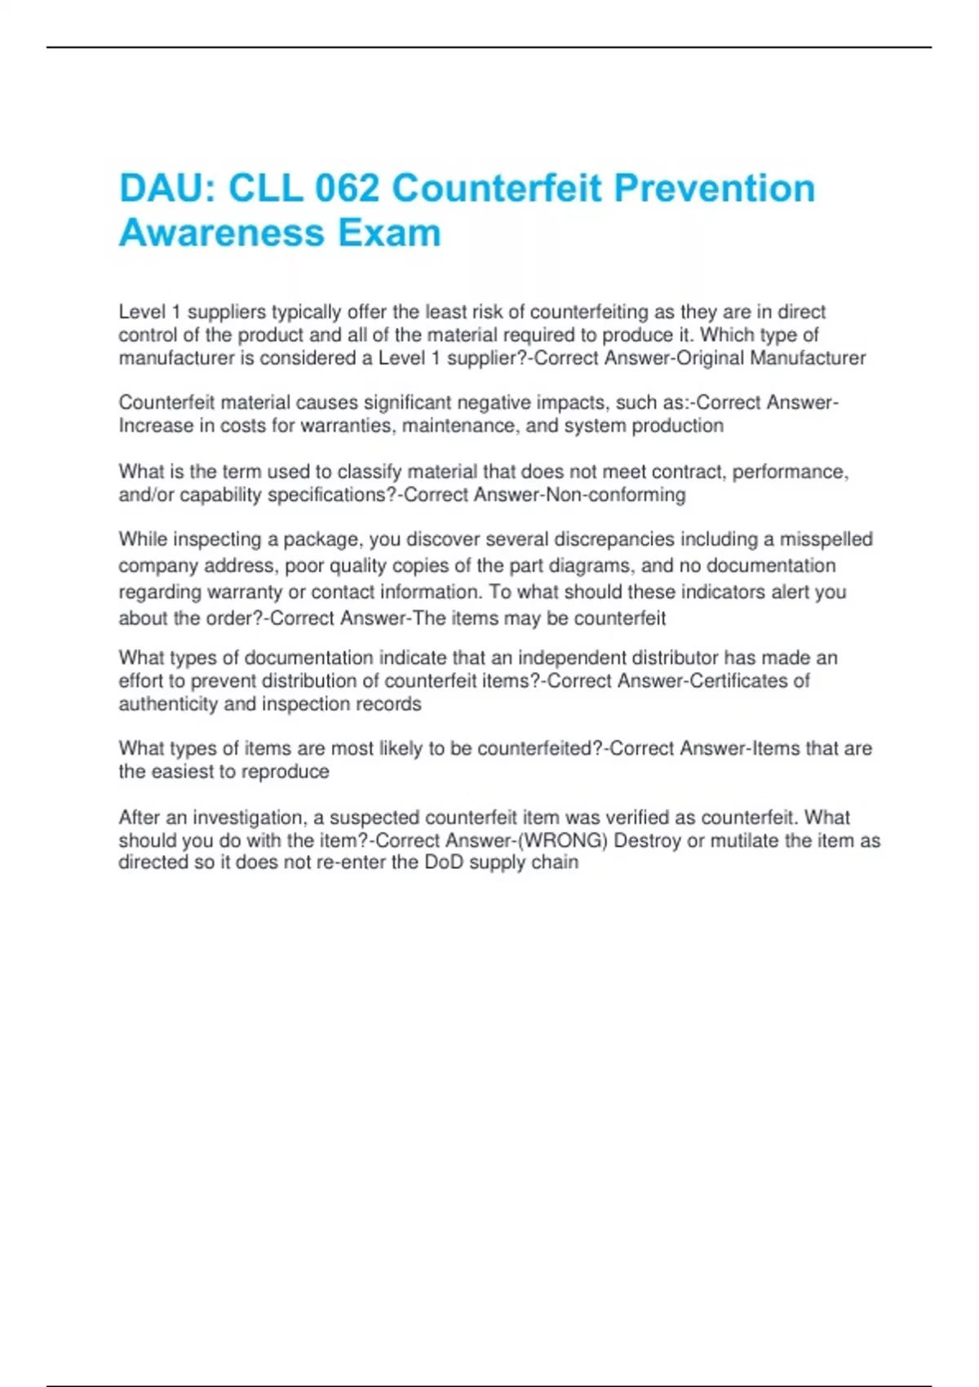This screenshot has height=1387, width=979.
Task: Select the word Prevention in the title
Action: [714, 188]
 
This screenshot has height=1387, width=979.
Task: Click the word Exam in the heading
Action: [389, 233]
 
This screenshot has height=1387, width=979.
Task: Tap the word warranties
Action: [348, 426]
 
